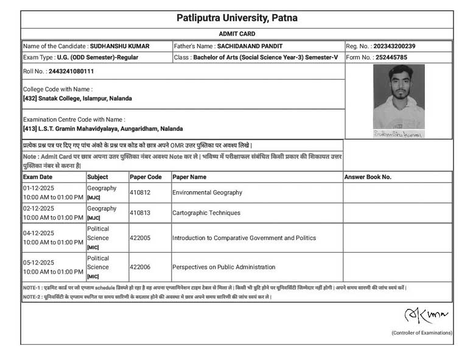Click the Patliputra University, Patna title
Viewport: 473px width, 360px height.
click(x=236, y=18)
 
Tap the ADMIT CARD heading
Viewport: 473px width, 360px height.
click(x=237, y=34)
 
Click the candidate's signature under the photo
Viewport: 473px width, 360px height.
click(x=399, y=133)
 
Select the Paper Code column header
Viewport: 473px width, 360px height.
click(x=146, y=177)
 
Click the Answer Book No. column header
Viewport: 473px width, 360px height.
click(x=368, y=177)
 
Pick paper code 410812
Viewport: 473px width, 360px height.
click(x=141, y=192)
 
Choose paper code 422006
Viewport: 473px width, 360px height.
click(x=141, y=267)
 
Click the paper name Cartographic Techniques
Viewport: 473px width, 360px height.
click(x=206, y=213)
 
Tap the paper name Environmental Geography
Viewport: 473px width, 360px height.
click(x=207, y=192)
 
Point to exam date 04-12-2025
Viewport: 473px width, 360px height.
click(x=38, y=233)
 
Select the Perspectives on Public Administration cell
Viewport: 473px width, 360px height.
click(x=223, y=267)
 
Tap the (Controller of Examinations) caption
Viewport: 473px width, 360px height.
click(x=421, y=333)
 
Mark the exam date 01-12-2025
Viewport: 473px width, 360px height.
click(x=38, y=188)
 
